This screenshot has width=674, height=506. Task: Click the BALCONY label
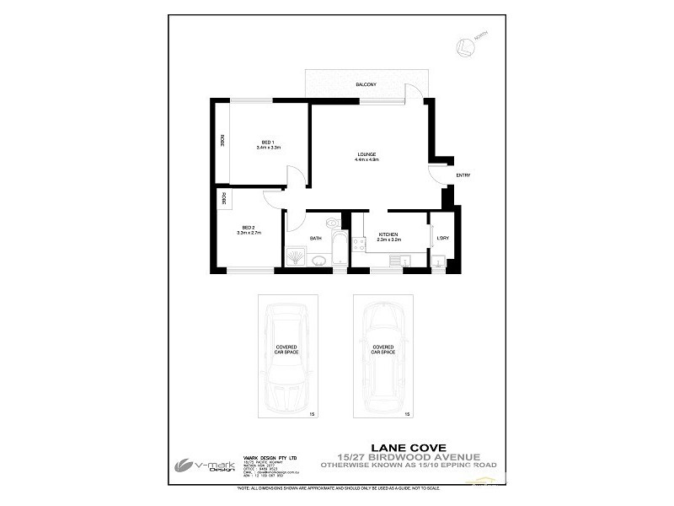(x=365, y=85)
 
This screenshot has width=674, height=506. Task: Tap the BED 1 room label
(x=268, y=141)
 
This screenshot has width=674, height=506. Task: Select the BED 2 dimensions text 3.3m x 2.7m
(x=248, y=233)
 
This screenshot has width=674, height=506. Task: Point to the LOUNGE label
(x=366, y=153)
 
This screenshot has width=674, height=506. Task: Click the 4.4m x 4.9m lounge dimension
(x=366, y=159)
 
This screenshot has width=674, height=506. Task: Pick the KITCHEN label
(x=388, y=234)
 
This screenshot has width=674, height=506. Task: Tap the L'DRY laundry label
(x=442, y=238)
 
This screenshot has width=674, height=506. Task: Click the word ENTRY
(x=463, y=175)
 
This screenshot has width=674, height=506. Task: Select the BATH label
(x=316, y=239)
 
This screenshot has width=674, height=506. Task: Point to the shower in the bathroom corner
(x=296, y=256)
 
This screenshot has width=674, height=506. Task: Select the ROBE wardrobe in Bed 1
(x=222, y=142)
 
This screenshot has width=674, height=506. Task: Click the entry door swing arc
(x=438, y=175)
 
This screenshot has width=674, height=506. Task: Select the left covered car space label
(x=286, y=349)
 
